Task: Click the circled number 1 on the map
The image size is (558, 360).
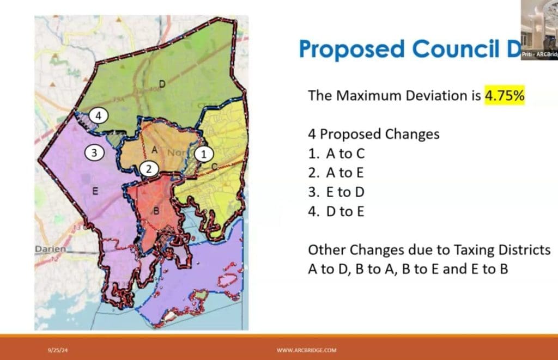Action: tap(203, 154)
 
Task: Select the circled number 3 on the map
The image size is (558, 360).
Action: tap(94, 153)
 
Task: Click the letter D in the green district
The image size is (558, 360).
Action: tap(162, 83)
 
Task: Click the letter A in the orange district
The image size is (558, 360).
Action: tap(154, 149)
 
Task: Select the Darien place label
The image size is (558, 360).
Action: tap(51, 249)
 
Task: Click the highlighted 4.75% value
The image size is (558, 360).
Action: tap(504, 95)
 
